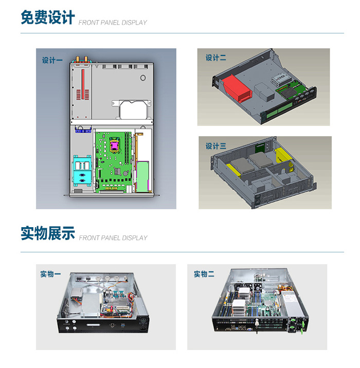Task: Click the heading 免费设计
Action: (48, 17)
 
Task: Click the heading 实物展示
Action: (48, 233)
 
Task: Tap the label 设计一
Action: (52, 60)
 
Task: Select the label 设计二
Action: (216, 58)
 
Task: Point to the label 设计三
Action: (216, 146)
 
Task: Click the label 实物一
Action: (50, 274)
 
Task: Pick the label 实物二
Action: (204, 274)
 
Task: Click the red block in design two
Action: (237, 88)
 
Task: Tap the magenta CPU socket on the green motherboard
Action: (114, 146)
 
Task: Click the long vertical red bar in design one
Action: (83, 84)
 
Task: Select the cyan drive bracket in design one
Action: (82, 171)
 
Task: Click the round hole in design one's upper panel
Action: (143, 78)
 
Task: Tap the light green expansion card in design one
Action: (142, 176)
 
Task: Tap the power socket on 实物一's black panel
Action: (143, 328)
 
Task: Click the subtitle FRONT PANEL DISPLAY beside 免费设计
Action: (113, 23)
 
